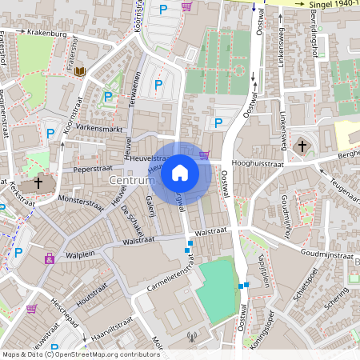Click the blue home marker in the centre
click(180, 172)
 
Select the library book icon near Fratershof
click(80, 72)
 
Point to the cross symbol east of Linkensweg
click(302, 146)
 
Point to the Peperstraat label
click(90, 170)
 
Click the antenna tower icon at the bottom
click(190, 337)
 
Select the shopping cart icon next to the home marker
click(205, 154)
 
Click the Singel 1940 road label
click(333, 5)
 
